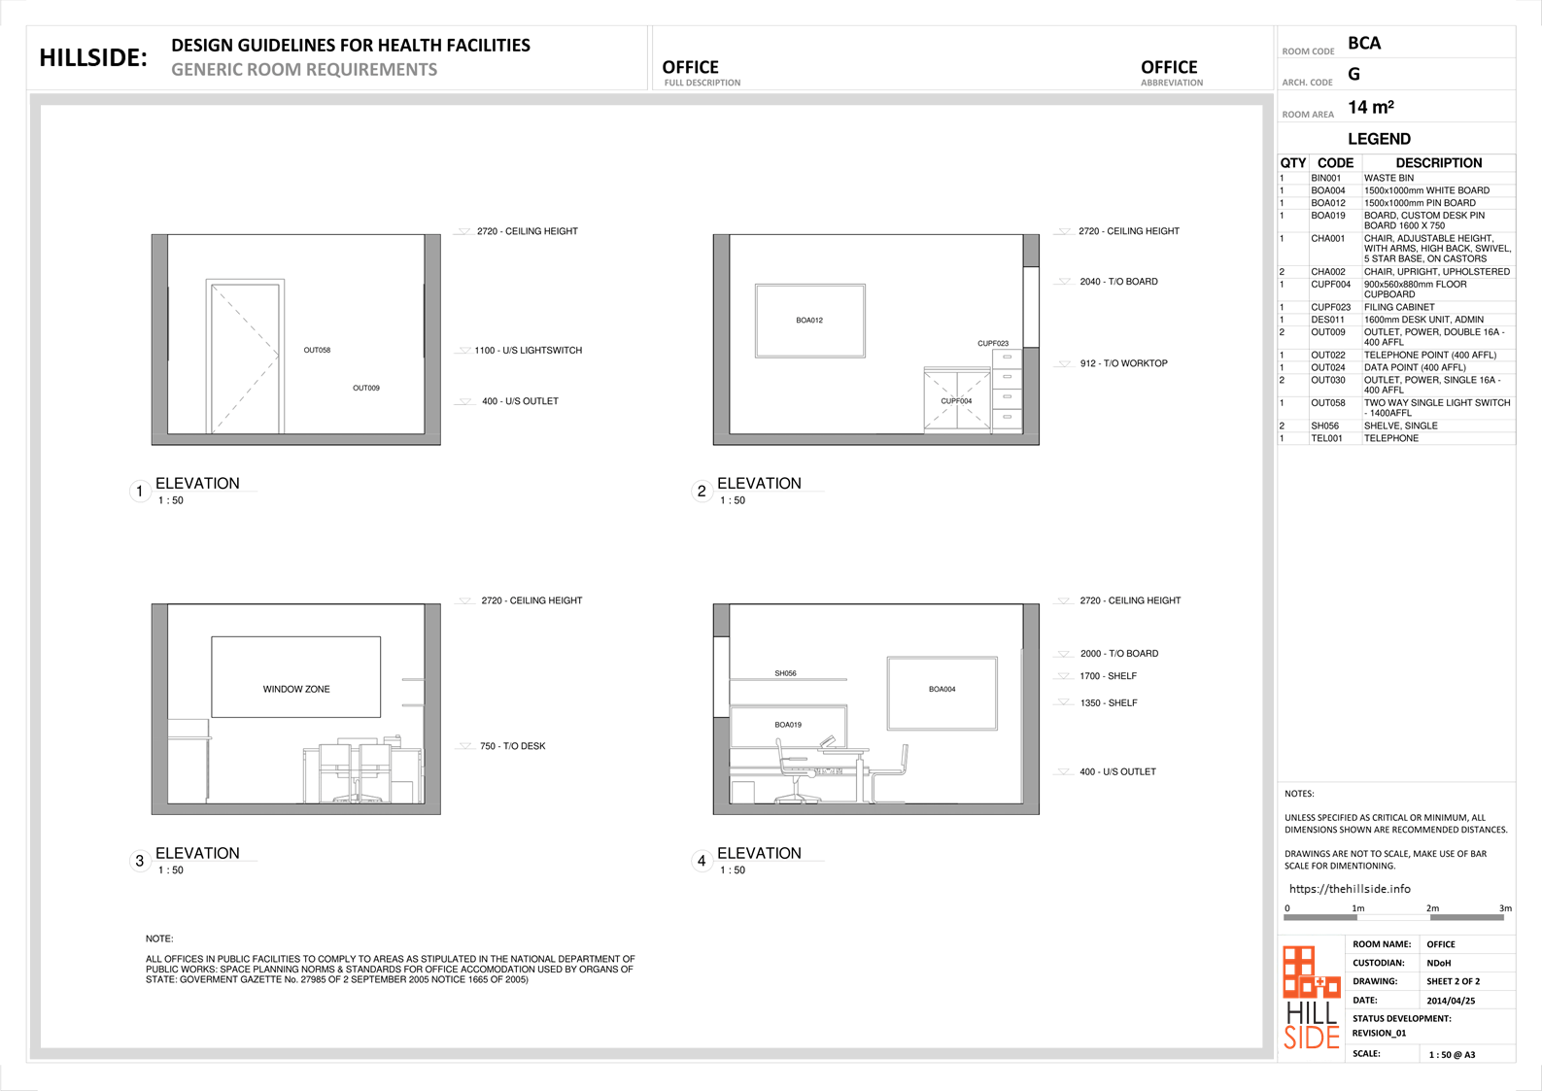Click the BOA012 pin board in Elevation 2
(809, 321)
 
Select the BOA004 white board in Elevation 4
(942, 693)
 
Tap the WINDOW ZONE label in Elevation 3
(296, 689)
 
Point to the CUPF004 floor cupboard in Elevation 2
(957, 400)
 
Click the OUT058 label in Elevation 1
(317, 351)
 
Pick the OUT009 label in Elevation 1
(366, 389)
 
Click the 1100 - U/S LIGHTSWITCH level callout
(528, 351)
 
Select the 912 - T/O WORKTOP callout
(1123, 363)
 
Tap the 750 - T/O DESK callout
(512, 746)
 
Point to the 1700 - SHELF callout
(1109, 676)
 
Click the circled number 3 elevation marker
(140, 861)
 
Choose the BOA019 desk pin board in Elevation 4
(788, 726)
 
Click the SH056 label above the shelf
(785, 673)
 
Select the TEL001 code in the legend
(1326, 438)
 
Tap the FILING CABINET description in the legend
(1399, 307)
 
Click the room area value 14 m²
(1371, 108)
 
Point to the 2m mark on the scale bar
(1432, 908)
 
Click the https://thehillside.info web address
(1350, 889)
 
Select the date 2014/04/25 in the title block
(1451, 1001)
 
